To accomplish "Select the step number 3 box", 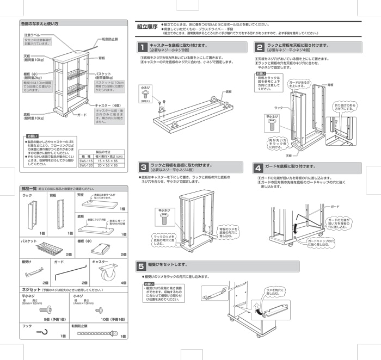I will pos(142,167).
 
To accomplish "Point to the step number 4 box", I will pos(259,167).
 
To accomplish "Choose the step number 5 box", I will pos(141,266).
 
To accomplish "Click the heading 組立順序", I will pos(147,26).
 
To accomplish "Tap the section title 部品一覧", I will pos(28,188).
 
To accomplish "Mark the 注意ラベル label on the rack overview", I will pos(32,35).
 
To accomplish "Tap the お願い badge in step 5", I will pos(149,284).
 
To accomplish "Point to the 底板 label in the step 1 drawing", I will pos(228,92).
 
